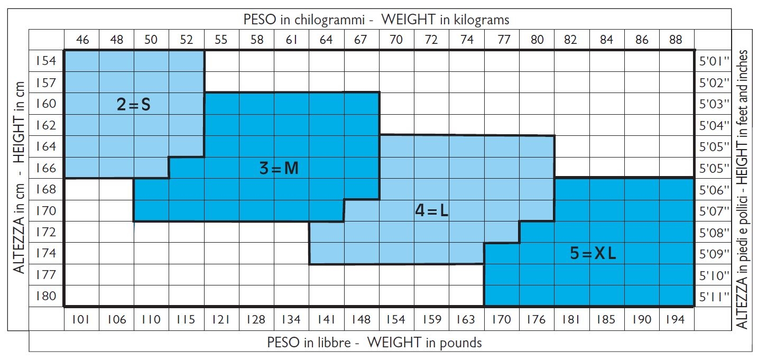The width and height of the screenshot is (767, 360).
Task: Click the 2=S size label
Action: tap(134, 105)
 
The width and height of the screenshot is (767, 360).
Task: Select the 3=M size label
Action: tap(279, 169)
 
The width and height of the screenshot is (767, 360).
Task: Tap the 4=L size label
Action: tap(431, 211)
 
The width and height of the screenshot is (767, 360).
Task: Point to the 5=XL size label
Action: tap(593, 254)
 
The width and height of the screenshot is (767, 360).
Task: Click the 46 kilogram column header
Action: tap(82, 40)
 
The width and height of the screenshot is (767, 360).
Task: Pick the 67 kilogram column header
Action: tap(361, 40)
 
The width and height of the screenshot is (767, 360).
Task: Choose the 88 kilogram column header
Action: tap(675, 40)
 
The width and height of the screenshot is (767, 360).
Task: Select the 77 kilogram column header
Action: tap(501, 40)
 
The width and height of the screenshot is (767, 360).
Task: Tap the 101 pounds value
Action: tap(82, 319)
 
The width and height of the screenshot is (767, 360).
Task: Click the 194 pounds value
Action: tap(675, 319)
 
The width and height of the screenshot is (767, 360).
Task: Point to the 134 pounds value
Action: tap(291, 319)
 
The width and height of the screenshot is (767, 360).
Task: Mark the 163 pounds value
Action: tap(465, 319)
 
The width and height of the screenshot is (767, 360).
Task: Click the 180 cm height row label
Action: tap(46, 296)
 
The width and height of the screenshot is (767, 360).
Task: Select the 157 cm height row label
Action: tap(46, 82)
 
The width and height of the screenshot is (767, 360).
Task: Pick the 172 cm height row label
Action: tap(46, 232)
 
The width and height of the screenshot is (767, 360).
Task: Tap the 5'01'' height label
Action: tap(714, 61)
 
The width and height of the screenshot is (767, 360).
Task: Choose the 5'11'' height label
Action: tap(714, 297)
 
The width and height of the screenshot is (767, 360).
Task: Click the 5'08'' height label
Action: tap(714, 233)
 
